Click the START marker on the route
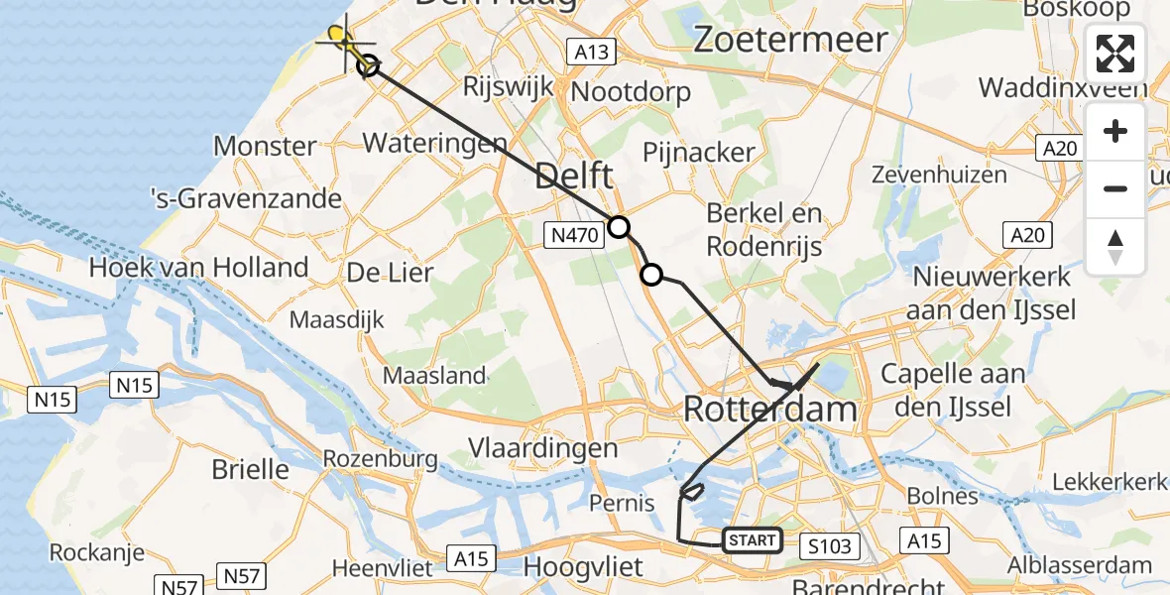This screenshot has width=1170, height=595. [752, 540]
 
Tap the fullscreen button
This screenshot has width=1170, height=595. [1115, 54]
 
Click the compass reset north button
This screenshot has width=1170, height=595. [1115, 245]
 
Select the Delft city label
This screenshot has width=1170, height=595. [574, 178]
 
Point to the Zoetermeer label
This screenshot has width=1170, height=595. [790, 40]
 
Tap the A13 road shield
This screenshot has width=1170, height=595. [592, 51]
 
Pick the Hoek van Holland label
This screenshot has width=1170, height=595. [199, 267]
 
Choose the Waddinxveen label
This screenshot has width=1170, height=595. [1064, 87]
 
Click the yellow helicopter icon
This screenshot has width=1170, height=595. [340, 39]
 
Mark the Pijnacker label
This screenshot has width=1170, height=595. [699, 153]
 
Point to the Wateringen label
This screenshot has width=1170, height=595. [435, 142]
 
